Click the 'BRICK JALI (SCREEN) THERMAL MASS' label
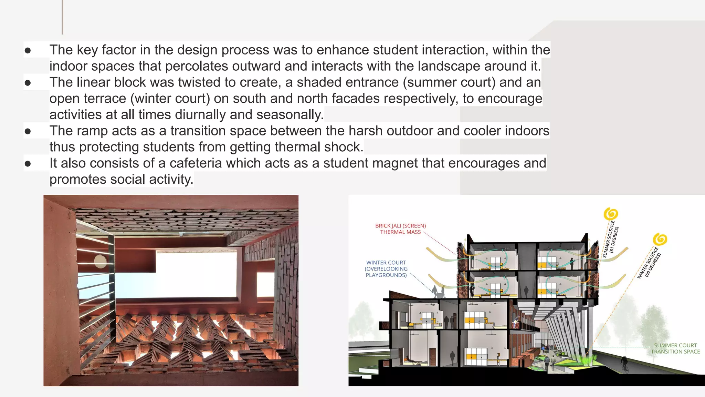[x=400, y=229]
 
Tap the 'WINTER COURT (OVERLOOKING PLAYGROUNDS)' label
[x=386, y=269]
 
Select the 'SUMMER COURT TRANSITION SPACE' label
[x=675, y=348]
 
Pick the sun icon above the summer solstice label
[x=611, y=214]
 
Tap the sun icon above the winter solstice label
[x=660, y=239]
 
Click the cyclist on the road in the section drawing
[x=624, y=364]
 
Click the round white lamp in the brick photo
[x=100, y=262]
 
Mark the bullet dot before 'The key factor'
[x=28, y=51]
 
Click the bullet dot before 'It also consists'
[x=28, y=164]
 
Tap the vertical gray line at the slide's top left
[x=62, y=17]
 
